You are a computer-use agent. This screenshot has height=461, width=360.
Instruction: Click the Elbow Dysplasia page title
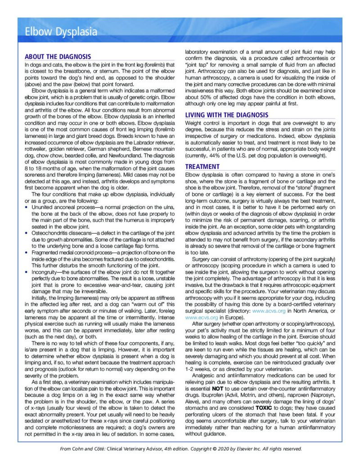[x=61, y=32]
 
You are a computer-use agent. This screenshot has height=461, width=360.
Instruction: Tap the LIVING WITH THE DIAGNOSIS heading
[x=227, y=115]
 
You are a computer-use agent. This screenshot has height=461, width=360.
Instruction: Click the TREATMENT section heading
[x=202, y=167]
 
